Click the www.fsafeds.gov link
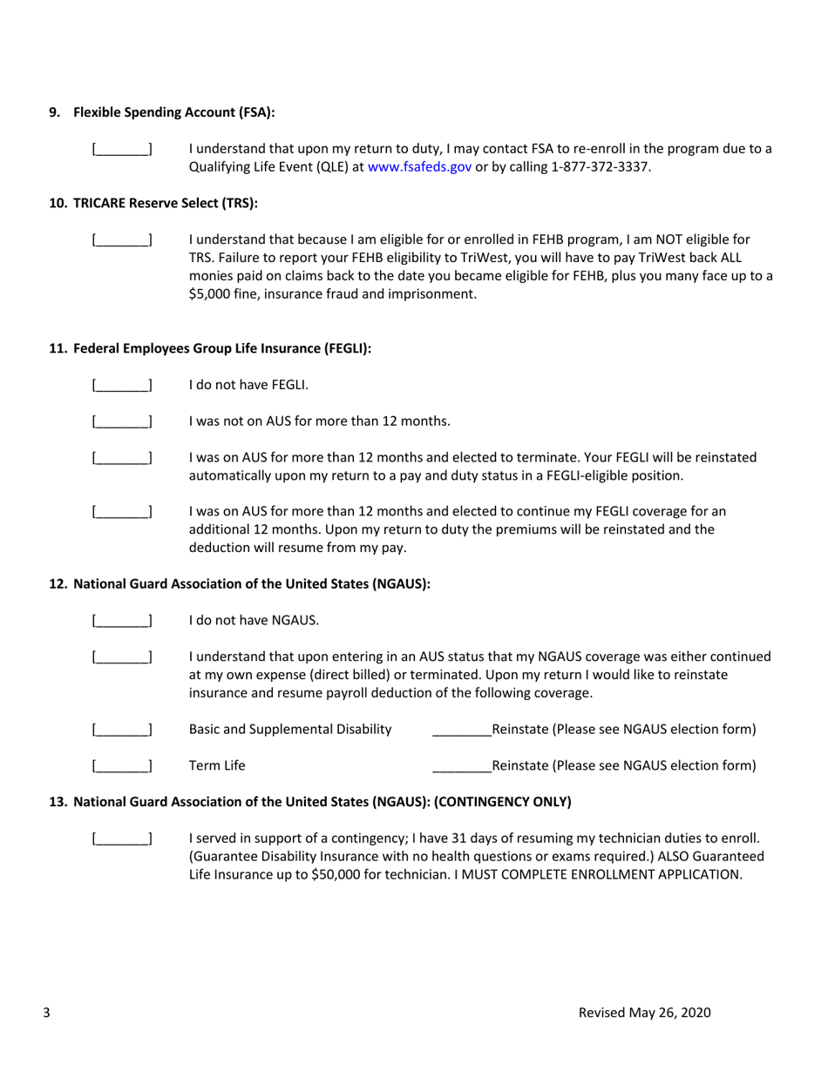tap(419, 166)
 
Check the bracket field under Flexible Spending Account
tap(122, 149)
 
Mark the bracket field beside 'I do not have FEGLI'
tap(122, 385)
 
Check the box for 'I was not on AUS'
tap(122, 422)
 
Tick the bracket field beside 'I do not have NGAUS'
tap(122, 622)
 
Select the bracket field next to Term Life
tap(122, 767)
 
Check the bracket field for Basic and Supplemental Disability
tap(122, 730)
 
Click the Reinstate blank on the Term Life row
tap(462, 767)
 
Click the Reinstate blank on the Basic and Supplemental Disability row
tap(462, 730)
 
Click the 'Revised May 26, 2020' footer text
tap(645, 1013)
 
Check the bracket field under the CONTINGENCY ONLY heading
tap(122, 839)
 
